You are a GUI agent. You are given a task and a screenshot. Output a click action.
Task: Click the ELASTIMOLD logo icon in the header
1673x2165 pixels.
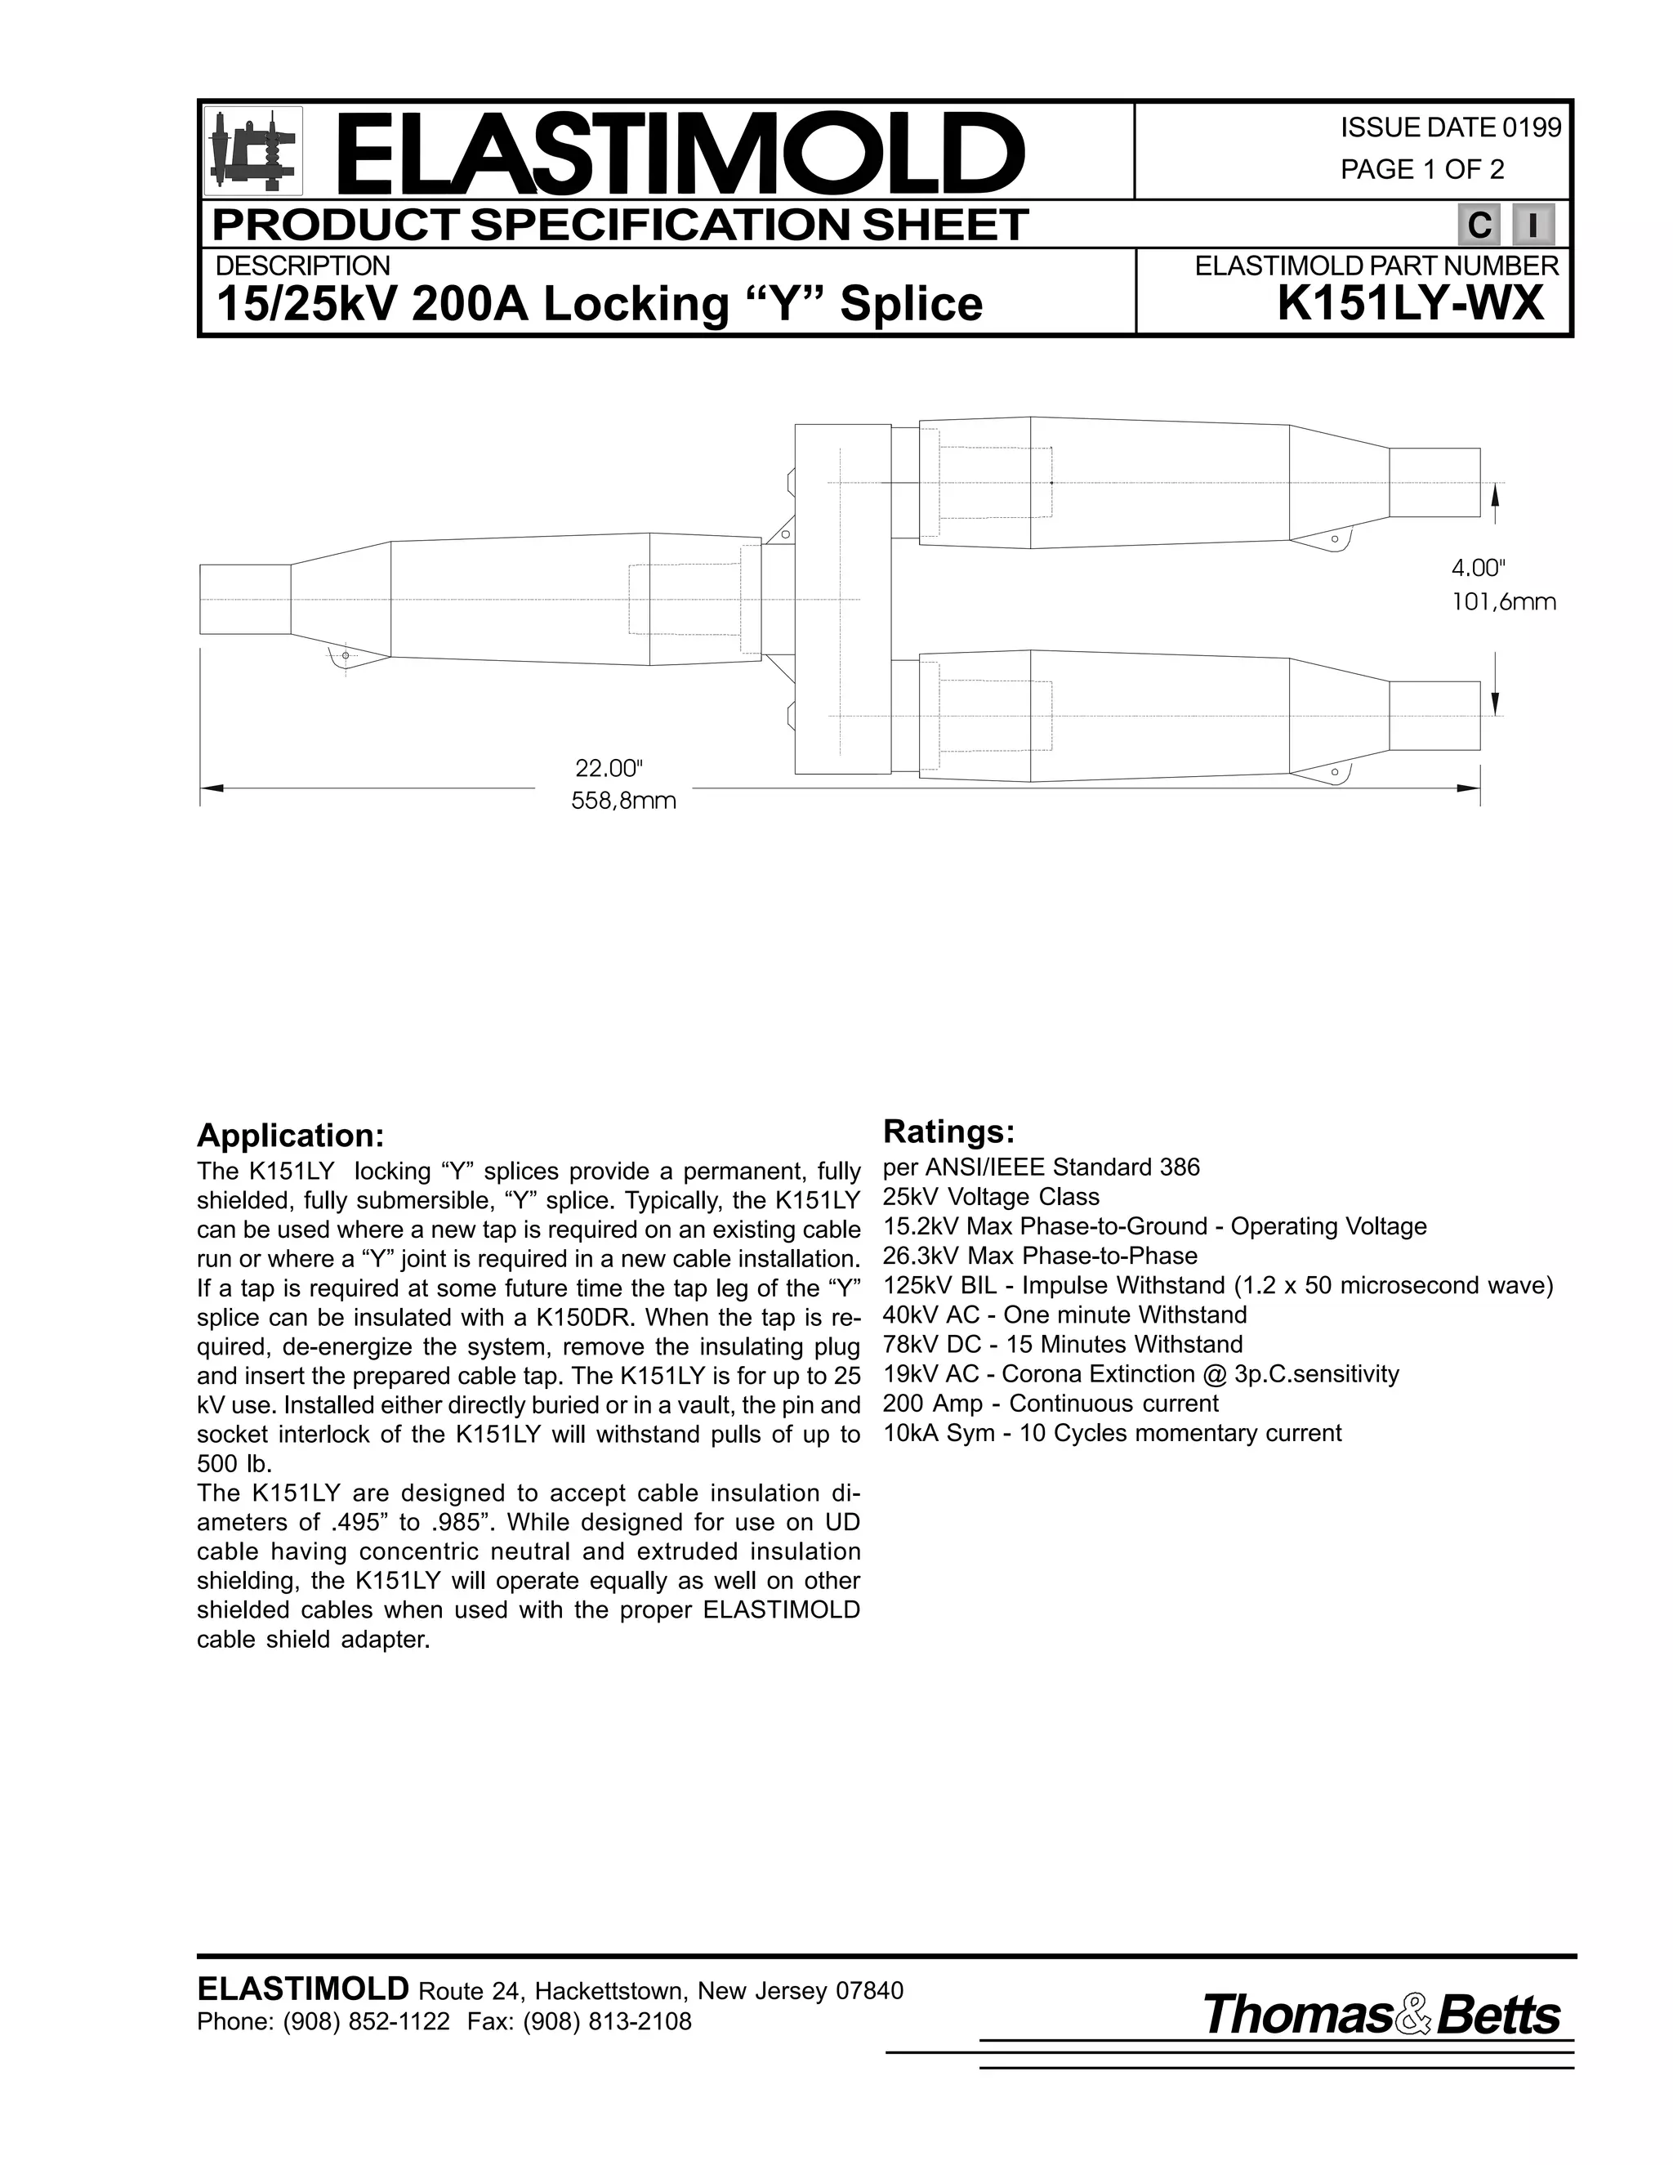click(x=252, y=150)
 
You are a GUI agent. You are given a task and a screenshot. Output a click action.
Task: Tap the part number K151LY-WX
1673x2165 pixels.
click(x=1410, y=303)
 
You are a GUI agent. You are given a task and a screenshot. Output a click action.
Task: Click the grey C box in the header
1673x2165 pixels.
click(x=1478, y=226)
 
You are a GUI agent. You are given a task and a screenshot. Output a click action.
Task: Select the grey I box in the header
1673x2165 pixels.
click(x=1533, y=226)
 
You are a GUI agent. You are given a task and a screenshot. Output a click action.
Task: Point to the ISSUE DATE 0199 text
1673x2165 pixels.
click(x=1450, y=128)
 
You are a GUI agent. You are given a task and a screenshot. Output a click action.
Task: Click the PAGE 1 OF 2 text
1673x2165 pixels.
click(x=1421, y=169)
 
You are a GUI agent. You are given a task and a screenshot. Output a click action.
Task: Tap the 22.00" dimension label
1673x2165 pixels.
click(x=609, y=768)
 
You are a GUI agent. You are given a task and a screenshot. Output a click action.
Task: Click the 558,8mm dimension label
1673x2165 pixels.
click(x=623, y=801)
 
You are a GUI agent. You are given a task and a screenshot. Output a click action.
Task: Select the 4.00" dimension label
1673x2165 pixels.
click(x=1478, y=568)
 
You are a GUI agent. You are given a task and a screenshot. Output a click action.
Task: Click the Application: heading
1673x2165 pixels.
click(x=289, y=1135)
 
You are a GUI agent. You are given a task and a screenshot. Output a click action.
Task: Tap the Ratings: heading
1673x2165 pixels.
click(x=948, y=1131)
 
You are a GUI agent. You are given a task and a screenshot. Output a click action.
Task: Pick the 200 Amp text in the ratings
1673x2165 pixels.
click(x=933, y=1404)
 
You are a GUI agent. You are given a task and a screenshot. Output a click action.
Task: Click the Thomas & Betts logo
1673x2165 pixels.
click(x=1381, y=2016)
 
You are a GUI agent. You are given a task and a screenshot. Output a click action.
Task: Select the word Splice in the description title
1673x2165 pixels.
click(x=911, y=305)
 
